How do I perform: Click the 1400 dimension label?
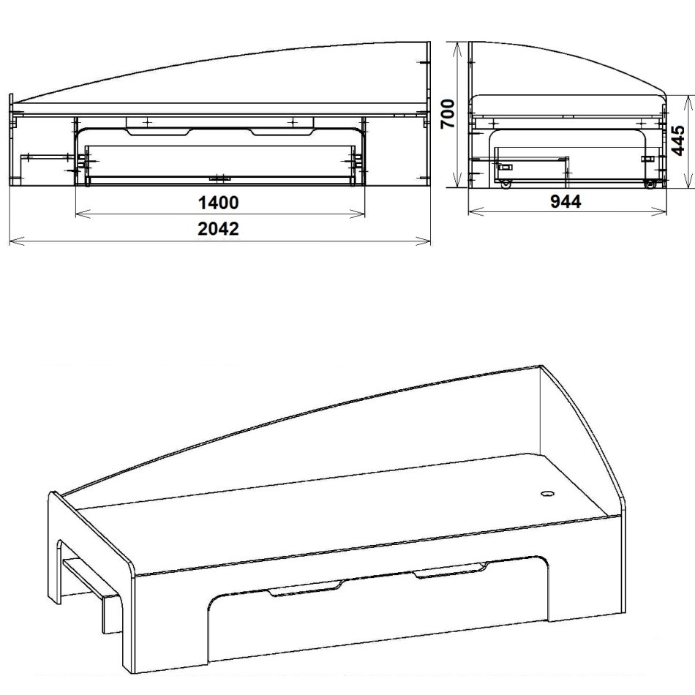[x=219, y=202]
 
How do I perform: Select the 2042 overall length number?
[x=219, y=228]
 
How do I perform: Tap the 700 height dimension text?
[x=448, y=113]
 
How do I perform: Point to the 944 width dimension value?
[x=566, y=202]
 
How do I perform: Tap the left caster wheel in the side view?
[x=505, y=184]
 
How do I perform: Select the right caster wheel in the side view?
[x=648, y=184]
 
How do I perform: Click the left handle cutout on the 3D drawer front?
[x=305, y=589]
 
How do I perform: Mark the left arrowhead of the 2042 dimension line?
[x=10, y=238]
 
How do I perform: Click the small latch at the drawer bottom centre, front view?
[x=219, y=178]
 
